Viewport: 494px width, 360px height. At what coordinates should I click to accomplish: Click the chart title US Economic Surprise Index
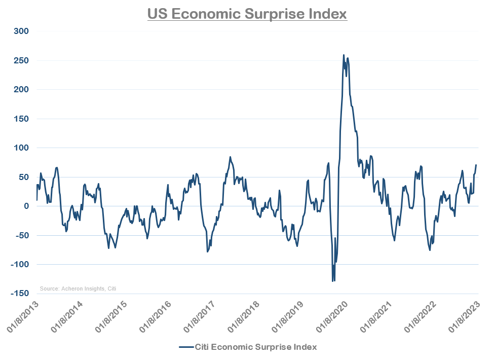tap(247, 14)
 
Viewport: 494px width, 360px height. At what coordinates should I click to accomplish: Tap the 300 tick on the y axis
tap(20, 31)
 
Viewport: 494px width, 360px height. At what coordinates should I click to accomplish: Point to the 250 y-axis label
tap(20, 61)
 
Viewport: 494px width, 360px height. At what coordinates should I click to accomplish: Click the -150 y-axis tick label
tap(19, 294)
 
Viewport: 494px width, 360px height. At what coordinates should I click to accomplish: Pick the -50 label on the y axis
tap(21, 236)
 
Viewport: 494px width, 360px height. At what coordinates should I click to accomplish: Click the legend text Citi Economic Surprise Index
tap(256, 347)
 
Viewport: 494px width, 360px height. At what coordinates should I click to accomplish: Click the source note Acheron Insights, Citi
tap(78, 289)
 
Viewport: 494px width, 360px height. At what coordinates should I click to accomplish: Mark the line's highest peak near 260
tap(344, 55)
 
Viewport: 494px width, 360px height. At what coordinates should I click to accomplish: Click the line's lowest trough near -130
tap(333, 281)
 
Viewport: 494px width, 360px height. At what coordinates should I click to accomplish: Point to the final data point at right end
tap(476, 165)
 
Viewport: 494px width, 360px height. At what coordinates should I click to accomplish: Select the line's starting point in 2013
tap(36, 200)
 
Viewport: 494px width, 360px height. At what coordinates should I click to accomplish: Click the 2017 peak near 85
tap(230, 157)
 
